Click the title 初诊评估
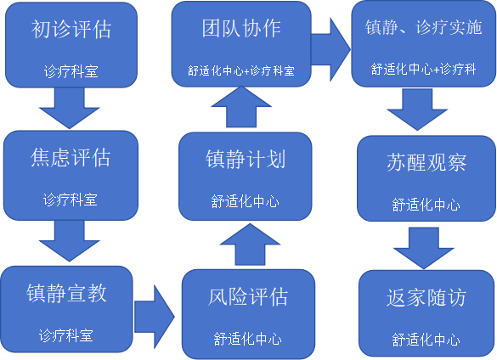pyautogui.click(x=71, y=29)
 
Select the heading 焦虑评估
pyautogui.click(x=70, y=157)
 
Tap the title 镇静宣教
pyautogui.click(x=66, y=293)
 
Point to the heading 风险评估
pyautogui.click(x=248, y=297)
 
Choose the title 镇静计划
pyautogui.click(x=246, y=159)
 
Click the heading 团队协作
pyautogui.click(x=241, y=28)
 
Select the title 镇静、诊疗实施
pyautogui.click(x=423, y=27)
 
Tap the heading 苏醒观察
pyautogui.click(x=426, y=162)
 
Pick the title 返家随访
pyautogui.click(x=426, y=297)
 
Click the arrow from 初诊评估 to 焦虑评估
pyautogui.click(x=70, y=108)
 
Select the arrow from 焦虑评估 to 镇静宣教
pyautogui.click(x=70, y=241)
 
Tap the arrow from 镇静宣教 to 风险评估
pyautogui.click(x=155, y=317)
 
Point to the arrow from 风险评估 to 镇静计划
pyautogui.click(x=250, y=245)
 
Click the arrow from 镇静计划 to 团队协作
pyautogui.click(x=241, y=107)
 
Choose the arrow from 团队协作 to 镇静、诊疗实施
pyautogui.click(x=331, y=49)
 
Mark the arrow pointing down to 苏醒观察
pyautogui.click(x=417, y=110)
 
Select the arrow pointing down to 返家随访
pyautogui.click(x=424, y=248)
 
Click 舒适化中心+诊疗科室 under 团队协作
pyautogui.click(x=241, y=70)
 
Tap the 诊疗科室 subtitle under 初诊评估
pyautogui.click(x=71, y=71)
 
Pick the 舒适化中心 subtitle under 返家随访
pyautogui.click(x=426, y=340)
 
